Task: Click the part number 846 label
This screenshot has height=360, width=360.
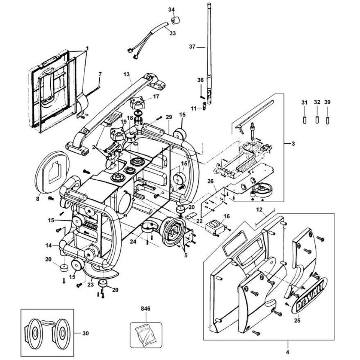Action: tap(145, 309)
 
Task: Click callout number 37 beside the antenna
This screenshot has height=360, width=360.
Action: tap(192, 46)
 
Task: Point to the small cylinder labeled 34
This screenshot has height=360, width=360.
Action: tap(175, 21)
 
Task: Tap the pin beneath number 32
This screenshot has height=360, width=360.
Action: tap(317, 120)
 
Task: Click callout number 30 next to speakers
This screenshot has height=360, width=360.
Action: tap(85, 333)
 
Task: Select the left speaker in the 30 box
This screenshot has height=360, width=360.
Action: tap(33, 332)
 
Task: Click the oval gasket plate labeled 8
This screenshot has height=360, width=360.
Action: tap(52, 172)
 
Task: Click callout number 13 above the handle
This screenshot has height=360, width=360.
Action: tap(126, 75)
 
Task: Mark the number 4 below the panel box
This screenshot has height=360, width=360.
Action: tap(288, 352)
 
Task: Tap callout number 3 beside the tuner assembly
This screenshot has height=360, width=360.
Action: tap(293, 144)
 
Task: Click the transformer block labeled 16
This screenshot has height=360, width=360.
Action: tap(215, 228)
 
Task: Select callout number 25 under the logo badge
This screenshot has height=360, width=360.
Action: tap(297, 320)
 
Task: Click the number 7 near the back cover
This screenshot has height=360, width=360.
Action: tap(100, 74)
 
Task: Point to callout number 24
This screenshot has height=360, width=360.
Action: tap(133, 242)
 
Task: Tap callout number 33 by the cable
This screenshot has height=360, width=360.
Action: tap(172, 33)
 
